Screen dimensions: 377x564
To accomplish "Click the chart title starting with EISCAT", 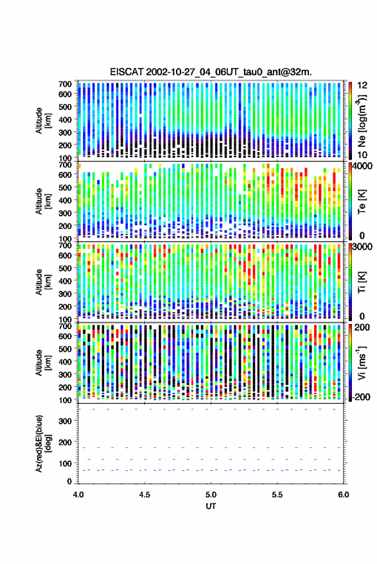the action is pos(211,72).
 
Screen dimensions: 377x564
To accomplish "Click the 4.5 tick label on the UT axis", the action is pos(145,495).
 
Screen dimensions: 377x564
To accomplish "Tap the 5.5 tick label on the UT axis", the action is pos(277,495).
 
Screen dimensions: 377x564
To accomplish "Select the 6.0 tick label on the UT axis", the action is pos(344,495).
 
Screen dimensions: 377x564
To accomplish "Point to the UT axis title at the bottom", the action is pos(211,506).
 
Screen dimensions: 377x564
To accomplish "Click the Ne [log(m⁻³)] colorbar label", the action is pos(363,121).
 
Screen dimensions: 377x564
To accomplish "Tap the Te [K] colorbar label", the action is pos(362,201).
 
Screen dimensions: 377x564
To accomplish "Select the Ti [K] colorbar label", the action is pos(362,282).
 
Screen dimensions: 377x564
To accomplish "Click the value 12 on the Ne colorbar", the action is pos(362,85).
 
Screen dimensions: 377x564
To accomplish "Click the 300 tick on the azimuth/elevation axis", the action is pos(65,421).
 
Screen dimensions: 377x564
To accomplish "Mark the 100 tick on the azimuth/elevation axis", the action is pos(65,463).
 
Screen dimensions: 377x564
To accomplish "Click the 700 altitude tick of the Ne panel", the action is pos(65,85).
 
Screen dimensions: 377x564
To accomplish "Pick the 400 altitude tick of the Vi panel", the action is pos(65,361).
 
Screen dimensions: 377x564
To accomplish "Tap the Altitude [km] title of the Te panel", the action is pos(43,201).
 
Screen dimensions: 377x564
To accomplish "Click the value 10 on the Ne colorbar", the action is pos(362,155).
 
